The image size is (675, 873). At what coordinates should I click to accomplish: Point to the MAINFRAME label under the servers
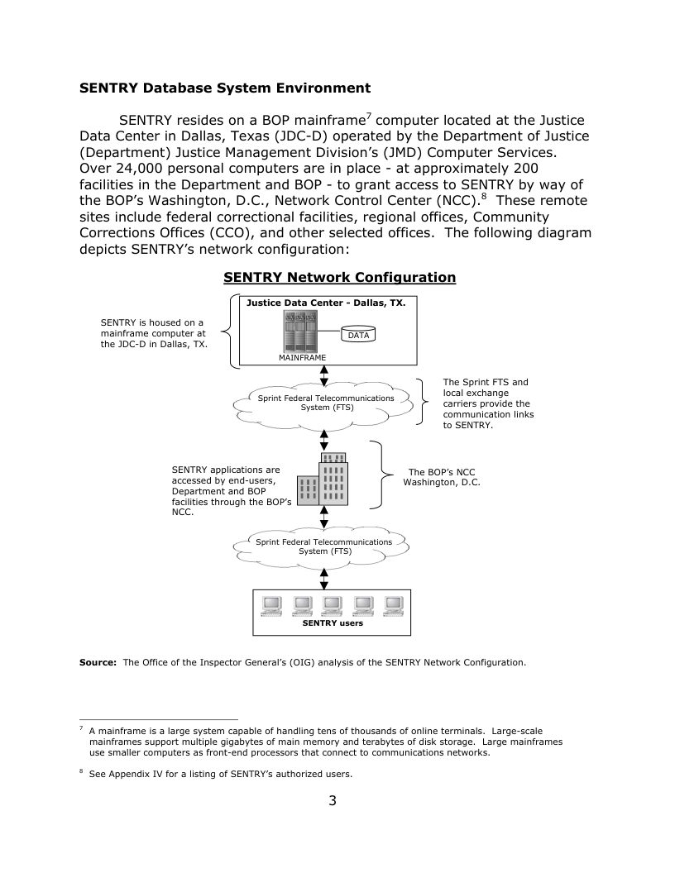301,358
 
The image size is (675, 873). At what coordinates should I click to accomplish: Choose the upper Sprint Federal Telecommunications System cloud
324,403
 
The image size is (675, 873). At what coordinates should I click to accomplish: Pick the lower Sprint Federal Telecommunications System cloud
324,546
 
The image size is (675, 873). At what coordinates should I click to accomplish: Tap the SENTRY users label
332,623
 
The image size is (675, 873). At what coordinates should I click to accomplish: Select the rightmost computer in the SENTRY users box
393,606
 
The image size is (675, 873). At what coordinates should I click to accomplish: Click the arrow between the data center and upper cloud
323,374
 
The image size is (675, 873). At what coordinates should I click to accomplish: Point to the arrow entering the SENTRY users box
323,579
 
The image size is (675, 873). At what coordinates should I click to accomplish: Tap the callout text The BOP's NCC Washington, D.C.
441,477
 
